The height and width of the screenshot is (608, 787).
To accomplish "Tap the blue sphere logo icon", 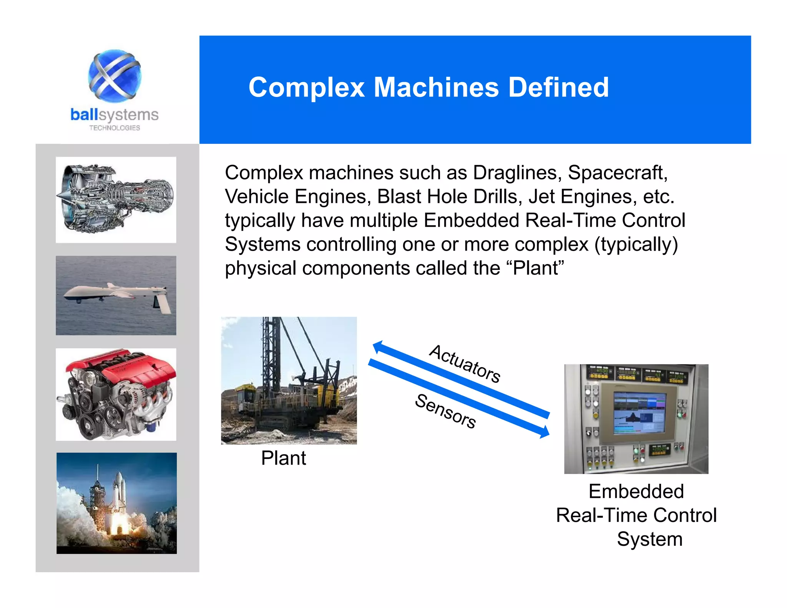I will tap(115, 76).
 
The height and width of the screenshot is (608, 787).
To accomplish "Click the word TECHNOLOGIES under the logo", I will tap(115, 128).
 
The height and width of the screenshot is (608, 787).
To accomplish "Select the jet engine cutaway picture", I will tap(116, 199).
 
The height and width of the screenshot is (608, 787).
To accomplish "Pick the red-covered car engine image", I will tap(116, 394).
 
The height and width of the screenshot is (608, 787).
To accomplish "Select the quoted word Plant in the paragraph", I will tap(538, 268).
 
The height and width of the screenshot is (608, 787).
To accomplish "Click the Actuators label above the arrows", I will tap(465, 364).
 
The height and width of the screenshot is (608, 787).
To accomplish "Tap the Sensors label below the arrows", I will tap(446, 411).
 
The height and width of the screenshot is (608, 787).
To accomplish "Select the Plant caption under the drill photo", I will tap(283, 458).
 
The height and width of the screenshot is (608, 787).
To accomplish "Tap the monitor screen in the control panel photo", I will tap(639, 414).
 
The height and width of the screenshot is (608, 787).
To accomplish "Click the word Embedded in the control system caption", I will tap(636, 491).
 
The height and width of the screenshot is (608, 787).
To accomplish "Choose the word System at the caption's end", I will tap(649, 539).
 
